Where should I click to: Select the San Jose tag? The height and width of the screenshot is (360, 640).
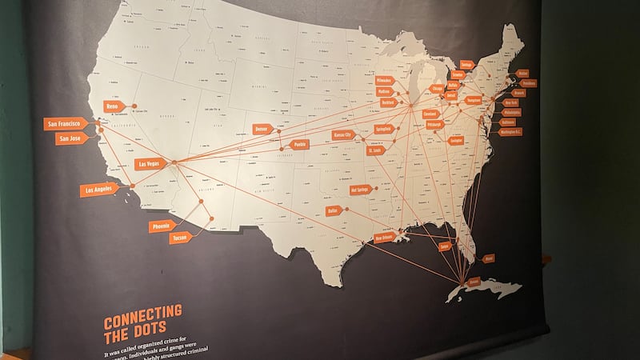coord(68,138)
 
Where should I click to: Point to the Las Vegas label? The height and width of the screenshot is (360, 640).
coord(149,164)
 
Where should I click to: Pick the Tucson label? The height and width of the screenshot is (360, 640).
coord(180,238)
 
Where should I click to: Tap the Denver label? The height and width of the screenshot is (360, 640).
coord(263,129)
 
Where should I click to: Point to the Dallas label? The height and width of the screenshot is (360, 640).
coord(334,210)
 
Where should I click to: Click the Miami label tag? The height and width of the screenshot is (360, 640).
coord(489,258)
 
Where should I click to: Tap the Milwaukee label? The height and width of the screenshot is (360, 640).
coord(383,81)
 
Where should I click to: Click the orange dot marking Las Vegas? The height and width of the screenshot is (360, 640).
coord(174,162)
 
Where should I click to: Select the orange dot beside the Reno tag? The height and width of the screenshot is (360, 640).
coord(134,106)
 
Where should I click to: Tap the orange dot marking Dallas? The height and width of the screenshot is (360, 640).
coord(351,210)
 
